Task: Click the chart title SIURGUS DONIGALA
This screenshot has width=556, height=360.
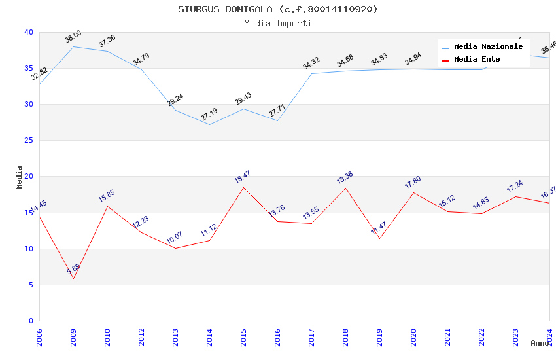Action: pyautogui.click(x=277, y=9)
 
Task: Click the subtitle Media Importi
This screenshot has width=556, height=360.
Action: pyautogui.click(x=277, y=24)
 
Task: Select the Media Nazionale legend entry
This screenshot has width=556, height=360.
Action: pyautogui.click(x=488, y=47)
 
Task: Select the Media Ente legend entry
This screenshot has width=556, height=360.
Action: pyautogui.click(x=477, y=60)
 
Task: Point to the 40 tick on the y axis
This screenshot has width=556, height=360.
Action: pyautogui.click(x=29, y=32)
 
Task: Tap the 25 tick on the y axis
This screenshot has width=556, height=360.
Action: pyautogui.click(x=29, y=141)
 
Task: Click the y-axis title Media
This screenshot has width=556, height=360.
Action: pyautogui.click(x=20, y=177)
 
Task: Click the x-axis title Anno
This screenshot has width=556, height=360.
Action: pyautogui.click(x=540, y=343)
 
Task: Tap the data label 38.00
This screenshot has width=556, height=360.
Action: pyautogui.click(x=73, y=37)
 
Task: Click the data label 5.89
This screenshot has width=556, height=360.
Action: pyautogui.click(x=73, y=269)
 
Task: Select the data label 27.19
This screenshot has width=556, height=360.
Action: pyautogui.click(x=209, y=115)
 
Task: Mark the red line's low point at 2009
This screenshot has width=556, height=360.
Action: pyautogui.click(x=73, y=279)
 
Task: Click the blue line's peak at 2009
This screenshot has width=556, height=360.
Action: pyautogui.click(x=73, y=46)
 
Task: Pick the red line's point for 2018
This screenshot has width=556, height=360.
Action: pyautogui.click(x=345, y=188)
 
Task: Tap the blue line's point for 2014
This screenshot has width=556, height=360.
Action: pyautogui.click(x=209, y=124)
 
